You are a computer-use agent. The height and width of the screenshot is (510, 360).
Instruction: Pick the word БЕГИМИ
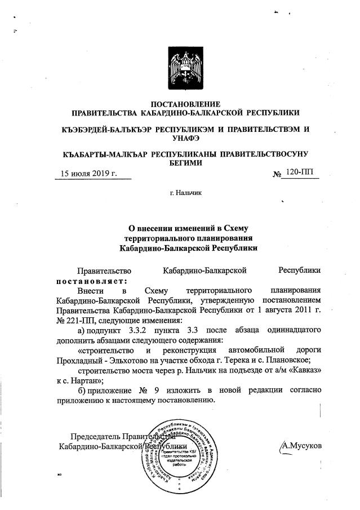click(185, 163)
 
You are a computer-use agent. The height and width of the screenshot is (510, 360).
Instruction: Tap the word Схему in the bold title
click(232, 228)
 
